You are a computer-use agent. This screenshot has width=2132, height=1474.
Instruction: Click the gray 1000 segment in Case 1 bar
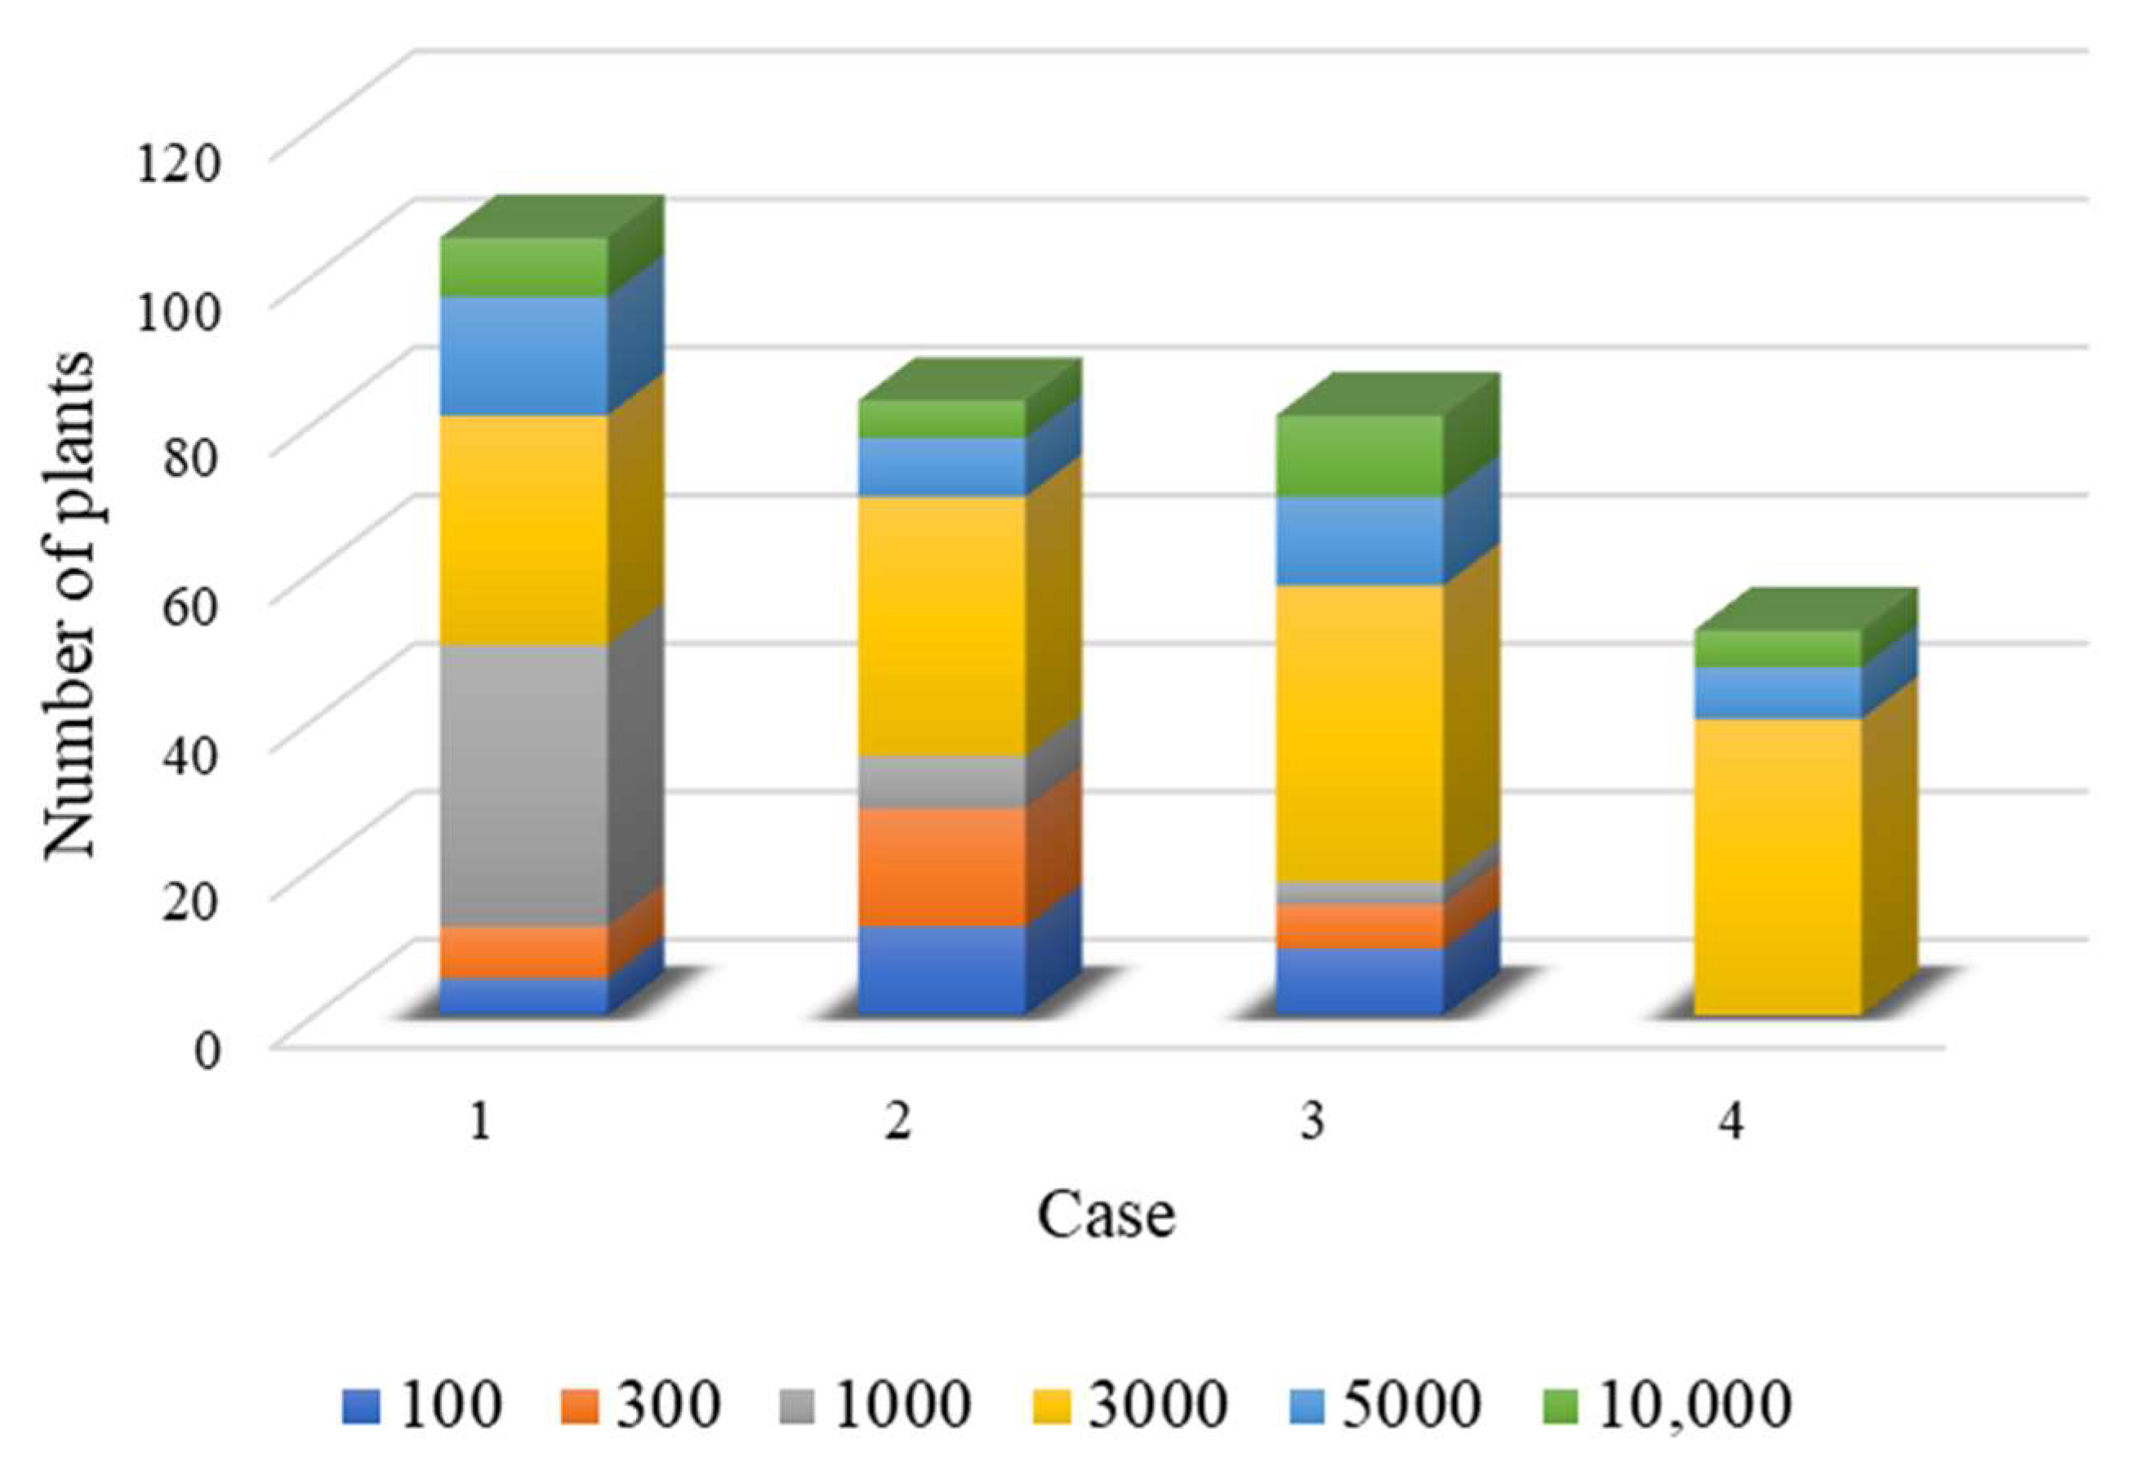tap(523, 784)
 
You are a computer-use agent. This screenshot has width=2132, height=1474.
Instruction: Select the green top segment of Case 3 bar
tap(1360, 456)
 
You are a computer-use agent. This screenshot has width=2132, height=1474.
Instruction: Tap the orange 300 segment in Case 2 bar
tap(941, 866)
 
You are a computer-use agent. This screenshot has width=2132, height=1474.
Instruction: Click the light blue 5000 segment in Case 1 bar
tap(523, 355)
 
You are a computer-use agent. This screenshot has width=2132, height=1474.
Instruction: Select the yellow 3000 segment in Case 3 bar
tap(1360, 733)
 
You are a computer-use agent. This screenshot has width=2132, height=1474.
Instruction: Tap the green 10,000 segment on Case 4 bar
tap(1778, 649)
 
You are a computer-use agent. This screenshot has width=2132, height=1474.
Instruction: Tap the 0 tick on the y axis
tap(207, 1051)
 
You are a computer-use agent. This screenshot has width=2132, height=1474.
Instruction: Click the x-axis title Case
tap(1106, 1215)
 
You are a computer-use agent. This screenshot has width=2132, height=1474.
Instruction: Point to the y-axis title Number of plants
tap(69, 605)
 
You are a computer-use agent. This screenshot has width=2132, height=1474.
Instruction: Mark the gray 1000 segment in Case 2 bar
tap(941, 782)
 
